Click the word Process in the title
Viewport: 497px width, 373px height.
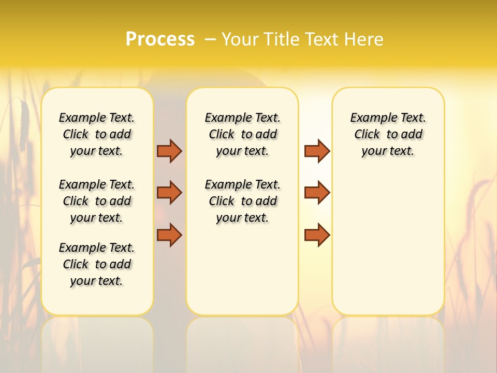160,39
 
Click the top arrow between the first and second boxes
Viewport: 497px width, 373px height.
169,151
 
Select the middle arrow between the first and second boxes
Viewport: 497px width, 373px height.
169,193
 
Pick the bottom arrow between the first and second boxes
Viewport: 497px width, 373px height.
169,235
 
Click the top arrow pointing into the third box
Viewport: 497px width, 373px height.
317,151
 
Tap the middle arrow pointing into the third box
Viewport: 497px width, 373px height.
317,193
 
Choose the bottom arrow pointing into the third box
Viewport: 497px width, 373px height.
317,235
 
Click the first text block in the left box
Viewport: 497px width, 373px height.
97,134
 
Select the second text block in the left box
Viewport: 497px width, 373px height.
97,201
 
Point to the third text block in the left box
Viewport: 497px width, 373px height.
97,264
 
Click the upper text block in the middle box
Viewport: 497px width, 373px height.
242,134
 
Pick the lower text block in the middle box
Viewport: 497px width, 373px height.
242,201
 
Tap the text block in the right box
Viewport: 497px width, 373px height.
388,134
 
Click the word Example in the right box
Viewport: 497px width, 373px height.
369,118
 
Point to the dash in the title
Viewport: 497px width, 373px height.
210,39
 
